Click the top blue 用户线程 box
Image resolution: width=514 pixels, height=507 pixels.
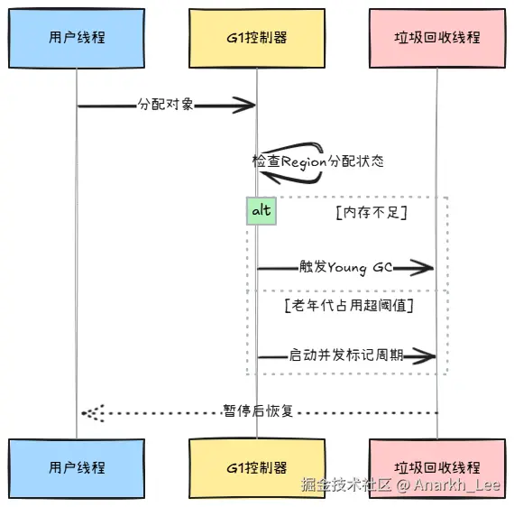pos(77,39)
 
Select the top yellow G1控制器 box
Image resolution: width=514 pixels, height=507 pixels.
pos(257,39)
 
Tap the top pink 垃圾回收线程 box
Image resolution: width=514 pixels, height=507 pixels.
pos(437,39)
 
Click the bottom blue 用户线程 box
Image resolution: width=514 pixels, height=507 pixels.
pos(77,468)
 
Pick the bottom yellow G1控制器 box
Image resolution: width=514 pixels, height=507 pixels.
pos(257,468)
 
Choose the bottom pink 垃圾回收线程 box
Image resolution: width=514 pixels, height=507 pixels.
pos(437,468)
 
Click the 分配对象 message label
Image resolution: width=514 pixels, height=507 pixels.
pos(165,105)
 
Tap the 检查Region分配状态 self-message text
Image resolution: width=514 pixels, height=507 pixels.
pos(317,161)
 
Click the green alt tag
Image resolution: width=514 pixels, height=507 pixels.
pos(262,211)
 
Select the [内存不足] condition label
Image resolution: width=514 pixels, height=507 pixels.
pos(372,213)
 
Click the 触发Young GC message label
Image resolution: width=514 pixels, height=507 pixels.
pos(346,267)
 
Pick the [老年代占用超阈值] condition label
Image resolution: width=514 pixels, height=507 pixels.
pos(349,306)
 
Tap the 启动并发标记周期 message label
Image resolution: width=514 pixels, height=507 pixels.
pos(346,355)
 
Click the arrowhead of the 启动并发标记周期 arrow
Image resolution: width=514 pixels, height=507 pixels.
pos(424,356)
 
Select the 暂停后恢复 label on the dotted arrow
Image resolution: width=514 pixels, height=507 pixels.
pos(258,410)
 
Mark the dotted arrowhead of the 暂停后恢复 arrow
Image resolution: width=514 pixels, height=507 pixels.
pos(93,413)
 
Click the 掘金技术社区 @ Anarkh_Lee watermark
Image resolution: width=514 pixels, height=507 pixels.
pos(400,484)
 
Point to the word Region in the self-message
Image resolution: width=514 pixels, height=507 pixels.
pos(304,162)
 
